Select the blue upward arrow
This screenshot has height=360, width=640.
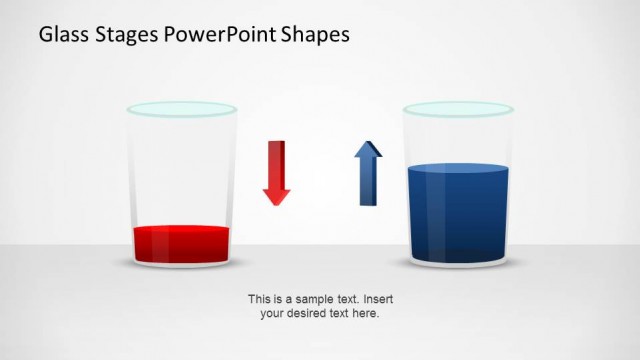point(368,178)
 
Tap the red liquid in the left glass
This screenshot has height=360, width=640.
point(181,243)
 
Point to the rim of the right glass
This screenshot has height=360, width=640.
point(458,107)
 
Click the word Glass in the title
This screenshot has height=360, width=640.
point(61,35)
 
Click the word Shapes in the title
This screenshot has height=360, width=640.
point(317,36)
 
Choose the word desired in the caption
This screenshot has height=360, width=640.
point(311,313)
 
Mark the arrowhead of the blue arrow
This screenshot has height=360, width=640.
point(368,151)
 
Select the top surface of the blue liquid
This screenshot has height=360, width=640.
point(459,169)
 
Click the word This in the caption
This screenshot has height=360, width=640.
point(259,299)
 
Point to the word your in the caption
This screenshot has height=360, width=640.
point(272,313)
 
